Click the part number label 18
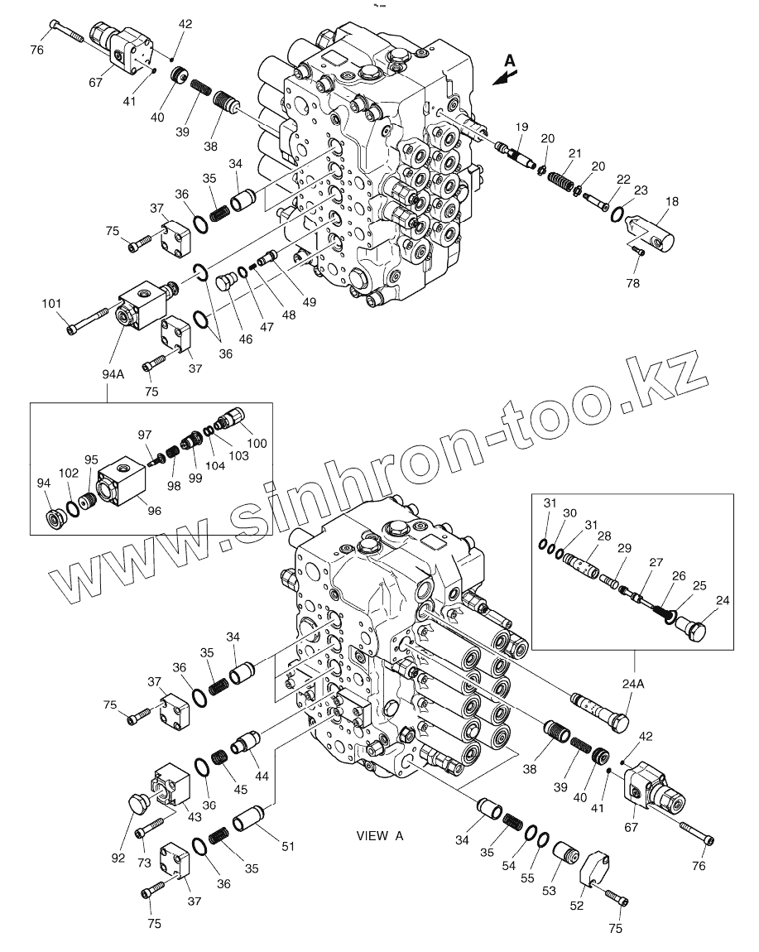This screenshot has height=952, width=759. [671, 200]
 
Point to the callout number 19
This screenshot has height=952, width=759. [521, 127]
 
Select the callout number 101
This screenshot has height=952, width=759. [52, 304]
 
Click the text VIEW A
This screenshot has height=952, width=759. [380, 836]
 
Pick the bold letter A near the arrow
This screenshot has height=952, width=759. [510, 60]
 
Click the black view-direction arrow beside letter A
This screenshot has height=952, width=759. [502, 76]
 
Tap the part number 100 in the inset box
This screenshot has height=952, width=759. [257, 444]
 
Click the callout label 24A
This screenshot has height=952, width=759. [635, 684]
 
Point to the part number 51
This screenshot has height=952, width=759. [287, 845]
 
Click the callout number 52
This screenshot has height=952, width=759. [577, 906]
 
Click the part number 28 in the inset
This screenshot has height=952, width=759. [605, 536]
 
